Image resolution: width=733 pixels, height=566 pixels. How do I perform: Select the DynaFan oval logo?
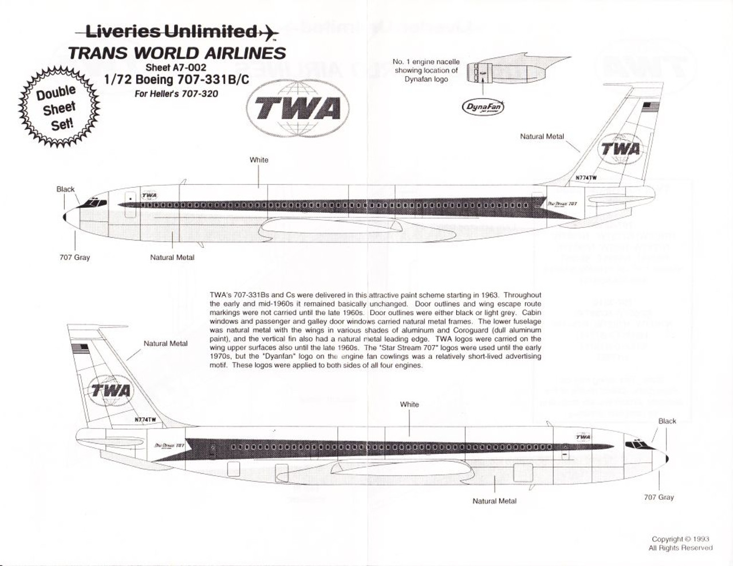483,107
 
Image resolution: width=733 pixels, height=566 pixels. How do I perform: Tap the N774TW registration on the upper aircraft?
586,178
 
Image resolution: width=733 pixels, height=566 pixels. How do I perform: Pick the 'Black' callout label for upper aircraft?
65,189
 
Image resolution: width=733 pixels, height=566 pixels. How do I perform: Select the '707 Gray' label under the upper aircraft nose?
74,258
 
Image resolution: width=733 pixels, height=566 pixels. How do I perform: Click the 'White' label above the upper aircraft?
259,160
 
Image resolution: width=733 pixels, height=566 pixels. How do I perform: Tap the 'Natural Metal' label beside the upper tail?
542,137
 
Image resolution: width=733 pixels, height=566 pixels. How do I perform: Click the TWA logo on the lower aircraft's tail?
111,391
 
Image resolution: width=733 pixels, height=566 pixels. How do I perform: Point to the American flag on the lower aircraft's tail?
77,348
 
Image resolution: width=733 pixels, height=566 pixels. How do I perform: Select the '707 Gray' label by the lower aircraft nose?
659,497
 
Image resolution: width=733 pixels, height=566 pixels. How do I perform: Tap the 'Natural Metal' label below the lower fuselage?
494,501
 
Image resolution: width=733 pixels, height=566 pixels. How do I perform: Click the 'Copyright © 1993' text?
680,539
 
